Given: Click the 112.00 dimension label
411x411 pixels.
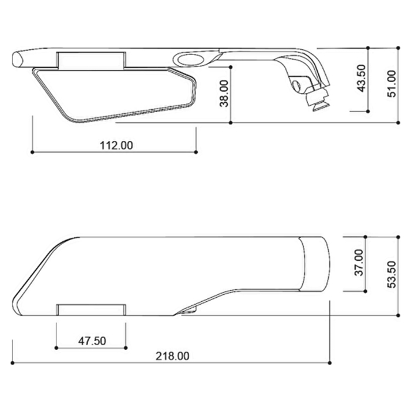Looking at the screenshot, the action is (116, 145).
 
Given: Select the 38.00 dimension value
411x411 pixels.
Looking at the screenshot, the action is (224, 93).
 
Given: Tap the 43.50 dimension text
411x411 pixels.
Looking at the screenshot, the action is (362, 78).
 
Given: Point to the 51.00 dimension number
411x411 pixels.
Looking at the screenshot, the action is (392, 84).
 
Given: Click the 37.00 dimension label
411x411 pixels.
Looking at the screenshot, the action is (359, 262).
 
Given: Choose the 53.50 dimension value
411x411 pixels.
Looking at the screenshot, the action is (392, 274).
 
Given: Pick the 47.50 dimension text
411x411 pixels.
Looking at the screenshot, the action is (92, 341).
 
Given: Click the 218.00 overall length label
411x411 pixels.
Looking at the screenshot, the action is (173, 356).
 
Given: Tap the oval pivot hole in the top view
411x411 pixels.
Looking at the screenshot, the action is (190, 59).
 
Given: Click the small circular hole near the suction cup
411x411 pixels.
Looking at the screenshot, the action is (297, 86).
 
